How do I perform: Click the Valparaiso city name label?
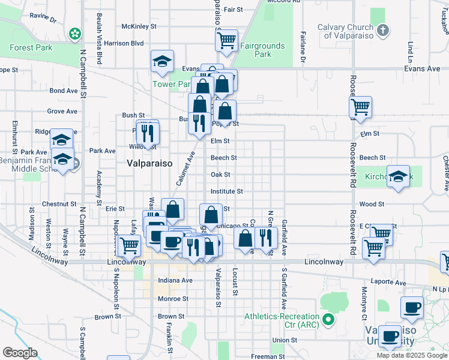pos(149,163)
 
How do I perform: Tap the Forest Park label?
pos(31,48)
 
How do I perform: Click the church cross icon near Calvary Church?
pos(384,29)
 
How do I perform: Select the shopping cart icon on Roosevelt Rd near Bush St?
pos(360,107)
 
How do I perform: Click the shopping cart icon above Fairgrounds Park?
pos(226,40)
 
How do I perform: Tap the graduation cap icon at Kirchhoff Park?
pos(397,176)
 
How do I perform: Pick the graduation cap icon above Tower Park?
pos(161,61)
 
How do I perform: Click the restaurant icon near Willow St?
pos(147,131)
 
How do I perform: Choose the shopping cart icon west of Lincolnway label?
pos(129,245)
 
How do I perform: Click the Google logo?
pos(20,352)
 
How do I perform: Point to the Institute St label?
pos(226,191)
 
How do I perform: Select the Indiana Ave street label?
pos(175,280)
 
